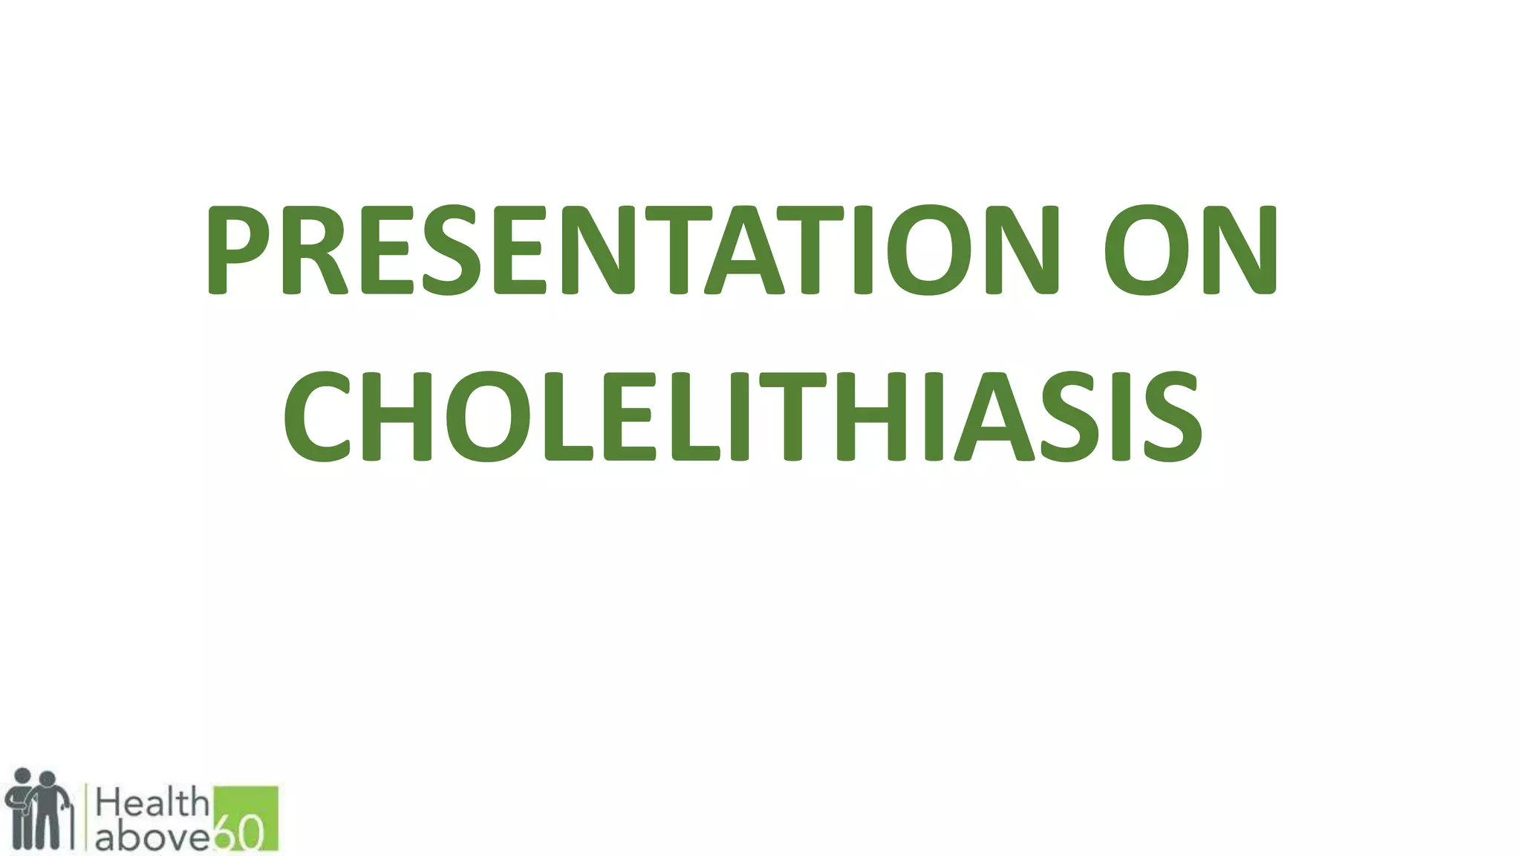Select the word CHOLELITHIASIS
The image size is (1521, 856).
[742, 418]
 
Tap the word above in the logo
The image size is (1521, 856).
[152, 837]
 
